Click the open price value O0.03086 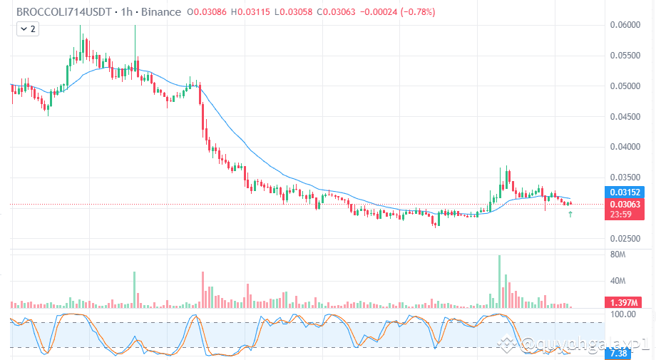click(x=208, y=12)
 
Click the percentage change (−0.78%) click(x=413, y=12)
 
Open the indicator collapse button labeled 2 click(x=29, y=29)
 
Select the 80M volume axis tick click(x=618, y=255)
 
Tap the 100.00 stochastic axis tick click(x=624, y=314)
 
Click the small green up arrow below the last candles click(x=570, y=214)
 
